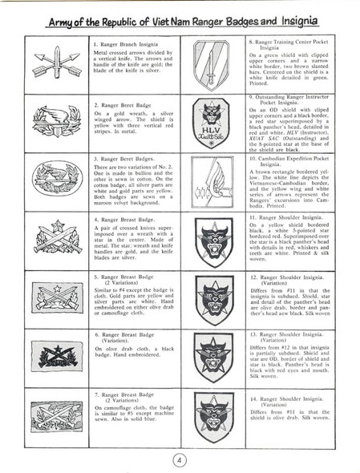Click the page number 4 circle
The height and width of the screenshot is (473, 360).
(180, 459)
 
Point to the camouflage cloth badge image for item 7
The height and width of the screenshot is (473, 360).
(57, 417)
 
